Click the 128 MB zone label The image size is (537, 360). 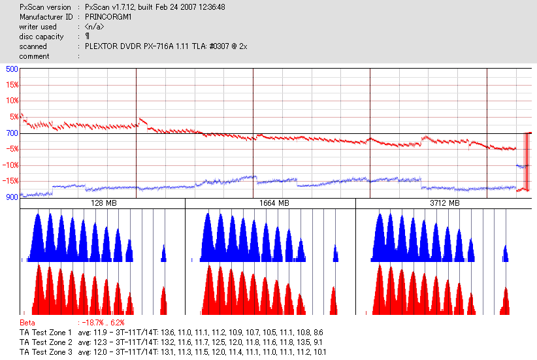pos(103,204)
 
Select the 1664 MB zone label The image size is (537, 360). pos(270,204)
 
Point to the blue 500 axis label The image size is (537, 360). pos(12,69)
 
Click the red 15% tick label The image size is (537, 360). pos(12,85)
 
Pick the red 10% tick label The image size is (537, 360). pos(12,101)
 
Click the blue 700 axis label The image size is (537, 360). pos(12,133)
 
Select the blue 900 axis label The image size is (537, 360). pos(12,197)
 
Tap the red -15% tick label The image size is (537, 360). pos(11,181)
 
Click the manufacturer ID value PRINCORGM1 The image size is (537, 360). pos(108,17)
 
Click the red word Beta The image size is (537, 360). pos(27,323)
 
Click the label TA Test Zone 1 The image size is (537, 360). pos(46,333)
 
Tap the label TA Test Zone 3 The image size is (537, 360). pos(46,352)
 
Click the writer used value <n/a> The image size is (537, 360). pos(94,27)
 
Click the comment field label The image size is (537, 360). pos(35,56)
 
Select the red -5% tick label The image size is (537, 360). pos(12,149)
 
